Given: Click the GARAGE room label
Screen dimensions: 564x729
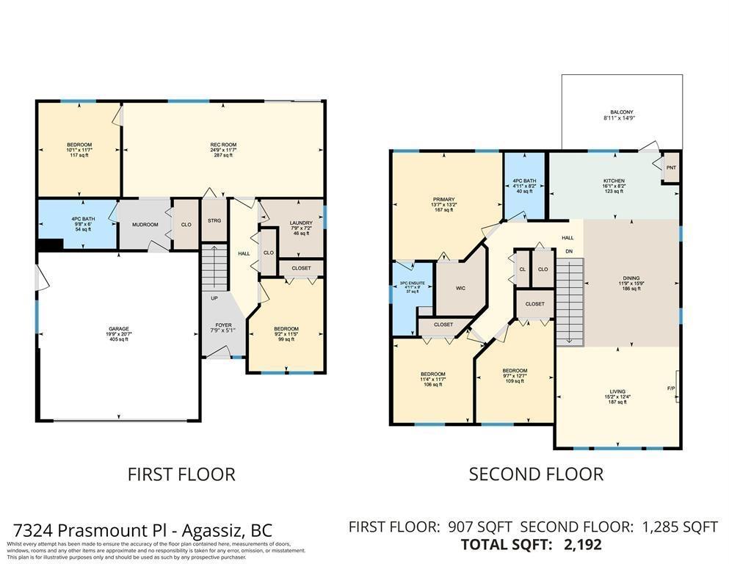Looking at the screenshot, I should coord(119,329).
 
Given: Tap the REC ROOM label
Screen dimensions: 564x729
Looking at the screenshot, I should coord(223,145).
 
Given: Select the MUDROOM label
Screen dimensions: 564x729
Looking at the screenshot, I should coord(145,225).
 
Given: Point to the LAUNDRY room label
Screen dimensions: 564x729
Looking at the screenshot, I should coord(301,223).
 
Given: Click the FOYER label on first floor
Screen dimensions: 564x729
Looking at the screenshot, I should coord(223,325).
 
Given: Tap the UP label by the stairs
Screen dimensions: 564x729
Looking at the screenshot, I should coord(214,299).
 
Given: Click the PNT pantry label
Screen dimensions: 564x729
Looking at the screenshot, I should coord(671,168).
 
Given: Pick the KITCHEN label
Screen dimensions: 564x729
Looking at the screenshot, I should coord(614,181).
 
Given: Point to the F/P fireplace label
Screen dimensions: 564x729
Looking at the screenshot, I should coord(671,388).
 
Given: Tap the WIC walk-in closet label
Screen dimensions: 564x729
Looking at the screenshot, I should coord(460,289).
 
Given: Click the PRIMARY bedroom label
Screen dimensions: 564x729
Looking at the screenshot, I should coord(443,200).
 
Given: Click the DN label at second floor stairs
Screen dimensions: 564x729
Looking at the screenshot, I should coord(568,251).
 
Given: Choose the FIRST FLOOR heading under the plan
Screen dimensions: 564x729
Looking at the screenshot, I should coord(181,474).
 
